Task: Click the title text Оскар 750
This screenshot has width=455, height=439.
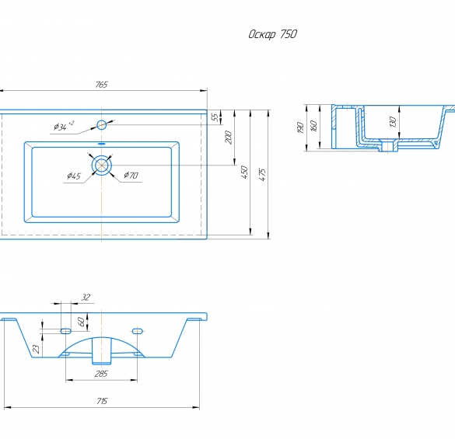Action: [272, 34]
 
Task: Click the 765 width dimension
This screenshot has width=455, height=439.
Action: [102, 85]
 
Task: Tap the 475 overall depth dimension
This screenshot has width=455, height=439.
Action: [262, 175]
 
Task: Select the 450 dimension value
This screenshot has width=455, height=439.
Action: [244, 172]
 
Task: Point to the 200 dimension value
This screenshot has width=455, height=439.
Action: [229, 138]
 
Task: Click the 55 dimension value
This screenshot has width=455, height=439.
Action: [215, 117]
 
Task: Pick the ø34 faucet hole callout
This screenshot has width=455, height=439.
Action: [64, 126]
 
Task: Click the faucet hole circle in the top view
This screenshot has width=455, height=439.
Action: [102, 125]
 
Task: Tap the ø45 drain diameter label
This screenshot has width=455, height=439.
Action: [74, 176]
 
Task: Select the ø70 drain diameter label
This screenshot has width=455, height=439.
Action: [131, 175]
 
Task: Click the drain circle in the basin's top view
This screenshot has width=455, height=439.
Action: [102, 165]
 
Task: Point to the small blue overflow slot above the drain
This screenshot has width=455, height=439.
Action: [102, 144]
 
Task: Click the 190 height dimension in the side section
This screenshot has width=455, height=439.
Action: [301, 127]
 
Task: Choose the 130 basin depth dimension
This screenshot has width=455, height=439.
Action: [393, 122]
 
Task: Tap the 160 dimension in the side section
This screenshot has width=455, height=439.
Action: [313, 126]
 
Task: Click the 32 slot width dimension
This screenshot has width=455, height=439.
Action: [86, 298]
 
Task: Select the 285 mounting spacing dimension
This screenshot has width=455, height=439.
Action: [101, 374]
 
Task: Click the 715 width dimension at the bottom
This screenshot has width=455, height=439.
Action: [102, 401]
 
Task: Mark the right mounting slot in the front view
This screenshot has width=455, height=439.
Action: [137, 331]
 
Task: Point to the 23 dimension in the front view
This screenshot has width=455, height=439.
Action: [37, 349]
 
